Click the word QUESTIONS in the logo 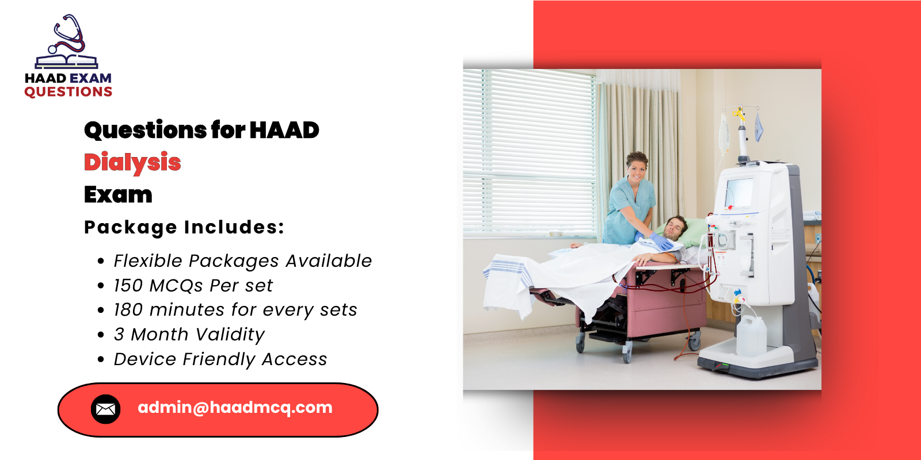68,92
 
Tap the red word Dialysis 132,163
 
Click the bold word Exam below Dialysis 118,195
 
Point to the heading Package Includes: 184,228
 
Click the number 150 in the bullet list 128,286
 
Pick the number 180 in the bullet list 128,310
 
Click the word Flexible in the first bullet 148,261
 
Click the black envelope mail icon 105,409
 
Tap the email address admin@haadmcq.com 235,408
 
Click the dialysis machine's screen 739,192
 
